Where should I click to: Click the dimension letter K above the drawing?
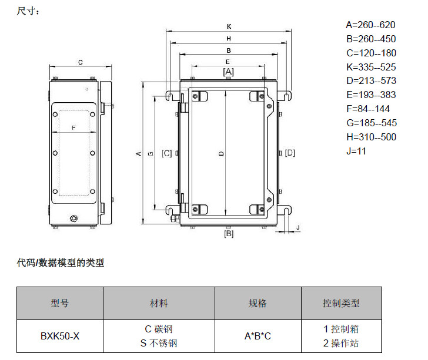tap(229, 26)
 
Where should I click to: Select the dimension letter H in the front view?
tap(229, 39)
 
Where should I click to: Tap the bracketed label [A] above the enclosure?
tap(229, 72)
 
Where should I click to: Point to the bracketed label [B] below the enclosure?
tap(229, 234)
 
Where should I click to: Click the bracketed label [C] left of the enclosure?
tap(167, 153)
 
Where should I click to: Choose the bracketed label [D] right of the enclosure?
tap(290, 153)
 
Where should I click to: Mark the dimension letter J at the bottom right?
tap(298, 227)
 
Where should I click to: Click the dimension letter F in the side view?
tap(73, 127)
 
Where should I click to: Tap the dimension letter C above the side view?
tap(80, 61)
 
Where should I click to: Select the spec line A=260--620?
tap(370, 25)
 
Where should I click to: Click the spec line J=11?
tap(356, 151)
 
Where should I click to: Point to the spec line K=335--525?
tap(370, 67)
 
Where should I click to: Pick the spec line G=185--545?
tap(370, 123)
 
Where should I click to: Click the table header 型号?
tap(60, 304)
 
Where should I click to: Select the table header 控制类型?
tap(341, 304)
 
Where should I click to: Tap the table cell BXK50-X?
tap(60, 337)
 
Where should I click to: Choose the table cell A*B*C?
tap(258, 337)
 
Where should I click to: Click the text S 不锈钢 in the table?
tap(159, 344)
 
